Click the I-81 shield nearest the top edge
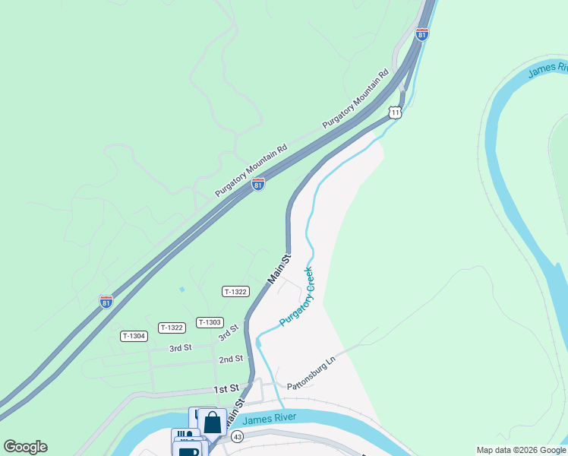(x=422, y=33)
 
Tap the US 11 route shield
(x=394, y=112)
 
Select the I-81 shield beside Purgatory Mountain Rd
(x=258, y=184)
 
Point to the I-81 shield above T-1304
(x=106, y=302)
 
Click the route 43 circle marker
(x=238, y=437)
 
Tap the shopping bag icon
(x=213, y=422)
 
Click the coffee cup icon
(x=188, y=450)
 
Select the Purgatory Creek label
(x=297, y=297)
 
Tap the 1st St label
(x=226, y=388)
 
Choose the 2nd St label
(x=230, y=359)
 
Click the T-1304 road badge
(x=134, y=336)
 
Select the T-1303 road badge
(x=209, y=322)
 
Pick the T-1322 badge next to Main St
(x=235, y=292)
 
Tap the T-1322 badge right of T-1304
(x=172, y=328)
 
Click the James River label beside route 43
(x=267, y=417)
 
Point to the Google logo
(x=25, y=447)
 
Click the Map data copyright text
(x=521, y=450)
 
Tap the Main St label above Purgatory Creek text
(x=279, y=271)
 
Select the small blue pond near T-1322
(x=181, y=290)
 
